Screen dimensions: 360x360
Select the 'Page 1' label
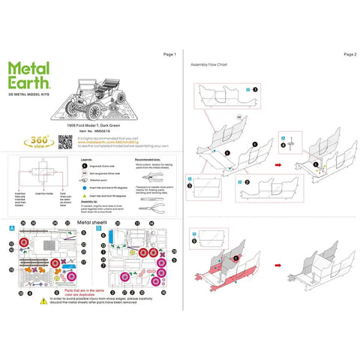pos(169,55)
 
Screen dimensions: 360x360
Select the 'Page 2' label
pos(349,55)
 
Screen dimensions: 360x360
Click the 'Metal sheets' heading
pos(94,223)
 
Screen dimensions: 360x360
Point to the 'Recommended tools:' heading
pos(149,160)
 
